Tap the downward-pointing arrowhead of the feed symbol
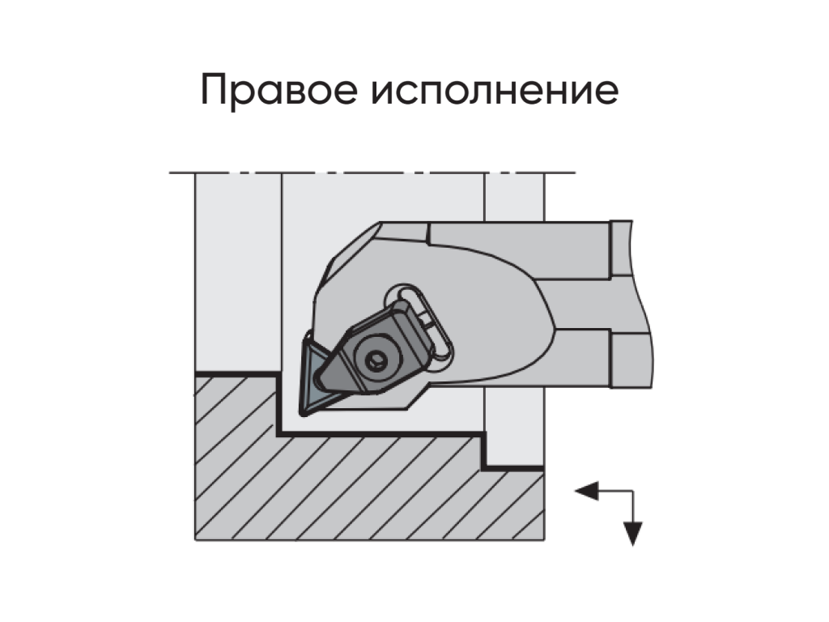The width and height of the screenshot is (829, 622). coord(633,534)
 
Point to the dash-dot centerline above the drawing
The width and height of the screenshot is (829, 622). coord(372,173)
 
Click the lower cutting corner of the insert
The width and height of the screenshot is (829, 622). coord(304,413)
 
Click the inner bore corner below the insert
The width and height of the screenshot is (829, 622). coord(279,434)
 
